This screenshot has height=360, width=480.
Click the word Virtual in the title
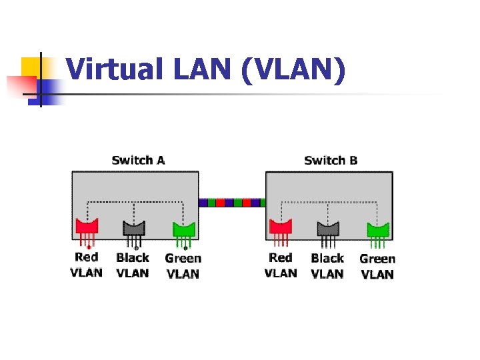(x=111, y=70)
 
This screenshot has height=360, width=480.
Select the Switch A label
(x=138, y=160)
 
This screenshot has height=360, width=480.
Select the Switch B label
(x=331, y=160)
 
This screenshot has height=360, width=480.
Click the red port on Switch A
(x=87, y=229)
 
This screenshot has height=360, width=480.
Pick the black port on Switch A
(x=134, y=229)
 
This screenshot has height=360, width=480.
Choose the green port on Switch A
(x=183, y=229)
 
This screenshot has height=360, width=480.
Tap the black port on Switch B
(x=327, y=229)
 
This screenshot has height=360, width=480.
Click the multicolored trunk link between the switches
(x=232, y=202)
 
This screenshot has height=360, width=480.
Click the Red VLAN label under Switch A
(x=87, y=265)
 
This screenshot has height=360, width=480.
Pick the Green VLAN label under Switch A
(x=183, y=266)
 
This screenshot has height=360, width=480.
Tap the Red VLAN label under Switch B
(x=281, y=265)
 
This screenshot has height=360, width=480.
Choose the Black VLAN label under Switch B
(x=327, y=265)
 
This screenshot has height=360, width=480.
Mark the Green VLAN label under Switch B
(x=377, y=266)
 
